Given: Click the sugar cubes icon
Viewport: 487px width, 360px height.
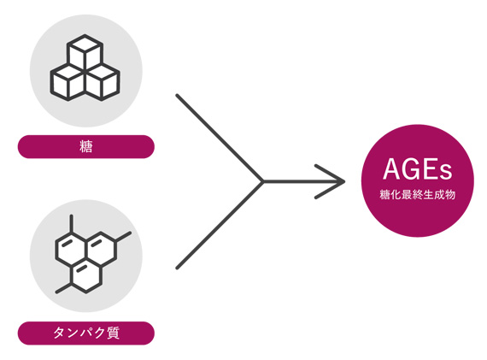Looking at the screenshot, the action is pos(85,68).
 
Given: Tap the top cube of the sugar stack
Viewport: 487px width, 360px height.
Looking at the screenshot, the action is pos(85,53).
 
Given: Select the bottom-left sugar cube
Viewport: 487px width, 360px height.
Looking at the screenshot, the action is pos(68,82).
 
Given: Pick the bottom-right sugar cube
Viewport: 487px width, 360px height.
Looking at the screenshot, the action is pos(103,82).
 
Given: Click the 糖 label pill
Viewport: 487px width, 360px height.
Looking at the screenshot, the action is pos(86,147).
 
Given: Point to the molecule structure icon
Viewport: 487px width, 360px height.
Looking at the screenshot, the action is pos(93,254).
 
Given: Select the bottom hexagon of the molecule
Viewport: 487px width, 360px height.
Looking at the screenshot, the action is pos(86,275).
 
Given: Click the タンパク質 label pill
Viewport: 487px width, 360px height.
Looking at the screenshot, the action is pos(86,333).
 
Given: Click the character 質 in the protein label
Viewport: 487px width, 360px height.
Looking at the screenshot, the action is pos(113,333).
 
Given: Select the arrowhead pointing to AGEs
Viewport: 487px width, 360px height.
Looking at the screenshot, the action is pos(330,181).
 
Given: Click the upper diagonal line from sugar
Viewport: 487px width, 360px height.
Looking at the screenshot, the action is pos(220,138).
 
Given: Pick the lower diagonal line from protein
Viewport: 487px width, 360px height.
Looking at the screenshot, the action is pos(220,225).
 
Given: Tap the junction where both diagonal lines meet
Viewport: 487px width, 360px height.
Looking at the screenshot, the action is pos(263,181).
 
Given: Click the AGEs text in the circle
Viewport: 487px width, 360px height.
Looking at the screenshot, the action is pos(418,169).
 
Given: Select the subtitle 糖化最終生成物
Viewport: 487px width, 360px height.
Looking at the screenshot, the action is pos(418,195).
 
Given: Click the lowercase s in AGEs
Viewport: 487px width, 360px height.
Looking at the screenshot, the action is pos(446,172).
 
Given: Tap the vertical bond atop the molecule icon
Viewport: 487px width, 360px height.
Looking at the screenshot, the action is pos(72,223).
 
